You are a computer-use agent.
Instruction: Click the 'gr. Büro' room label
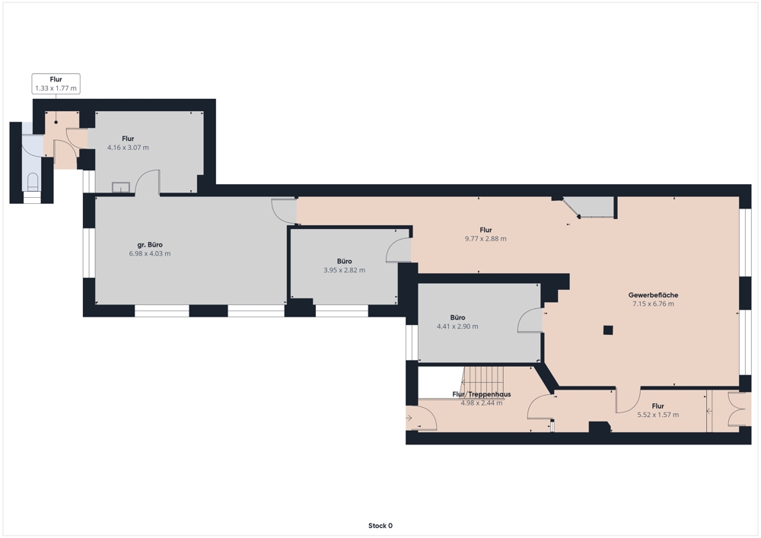coord(149,245)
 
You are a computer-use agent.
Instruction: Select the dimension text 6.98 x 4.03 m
coord(149,253)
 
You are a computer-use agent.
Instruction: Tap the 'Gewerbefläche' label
coord(653,295)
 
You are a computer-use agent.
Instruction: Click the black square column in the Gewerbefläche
coord(608,330)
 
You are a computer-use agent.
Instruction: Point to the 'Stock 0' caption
coord(380,525)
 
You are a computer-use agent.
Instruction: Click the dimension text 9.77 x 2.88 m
coord(486,239)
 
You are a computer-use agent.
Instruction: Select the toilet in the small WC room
coord(33,181)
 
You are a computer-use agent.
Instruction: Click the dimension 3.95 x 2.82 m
coord(344,270)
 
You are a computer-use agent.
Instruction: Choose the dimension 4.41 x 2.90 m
coord(457,326)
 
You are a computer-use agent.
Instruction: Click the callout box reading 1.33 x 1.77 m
coord(56,84)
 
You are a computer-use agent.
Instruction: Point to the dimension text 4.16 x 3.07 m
coord(128,148)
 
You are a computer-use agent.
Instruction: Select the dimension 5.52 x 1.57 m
coord(658,415)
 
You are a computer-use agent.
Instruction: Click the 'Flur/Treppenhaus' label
coord(482,394)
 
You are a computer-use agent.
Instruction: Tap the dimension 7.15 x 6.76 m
coord(653,304)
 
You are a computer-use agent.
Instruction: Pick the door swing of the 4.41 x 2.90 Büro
coord(530,320)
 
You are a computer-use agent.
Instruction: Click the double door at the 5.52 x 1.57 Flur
coord(740,409)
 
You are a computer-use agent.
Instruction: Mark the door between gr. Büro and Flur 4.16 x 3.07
coord(147,183)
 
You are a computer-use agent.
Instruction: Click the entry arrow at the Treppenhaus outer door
coord(409,418)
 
